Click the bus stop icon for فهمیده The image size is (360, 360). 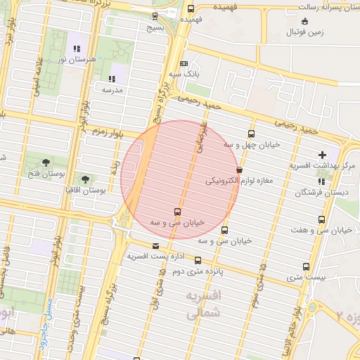191,8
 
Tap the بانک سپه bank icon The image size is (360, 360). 184,63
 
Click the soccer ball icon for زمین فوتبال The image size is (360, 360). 292,32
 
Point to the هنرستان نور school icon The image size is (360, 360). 77,49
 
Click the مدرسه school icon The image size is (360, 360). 112,79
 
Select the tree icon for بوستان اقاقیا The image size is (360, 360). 86,179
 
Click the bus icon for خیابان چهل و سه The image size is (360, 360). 252,134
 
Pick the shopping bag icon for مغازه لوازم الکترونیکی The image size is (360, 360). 240,169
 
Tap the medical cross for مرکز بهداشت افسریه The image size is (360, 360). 322,155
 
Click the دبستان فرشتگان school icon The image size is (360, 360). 321,181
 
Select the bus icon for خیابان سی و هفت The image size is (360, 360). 321,220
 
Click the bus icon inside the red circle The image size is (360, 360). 176,212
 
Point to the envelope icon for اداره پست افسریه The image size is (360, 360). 155,246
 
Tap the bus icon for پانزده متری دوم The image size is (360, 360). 197,260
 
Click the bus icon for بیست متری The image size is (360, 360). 306,266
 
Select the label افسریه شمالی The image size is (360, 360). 204,304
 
